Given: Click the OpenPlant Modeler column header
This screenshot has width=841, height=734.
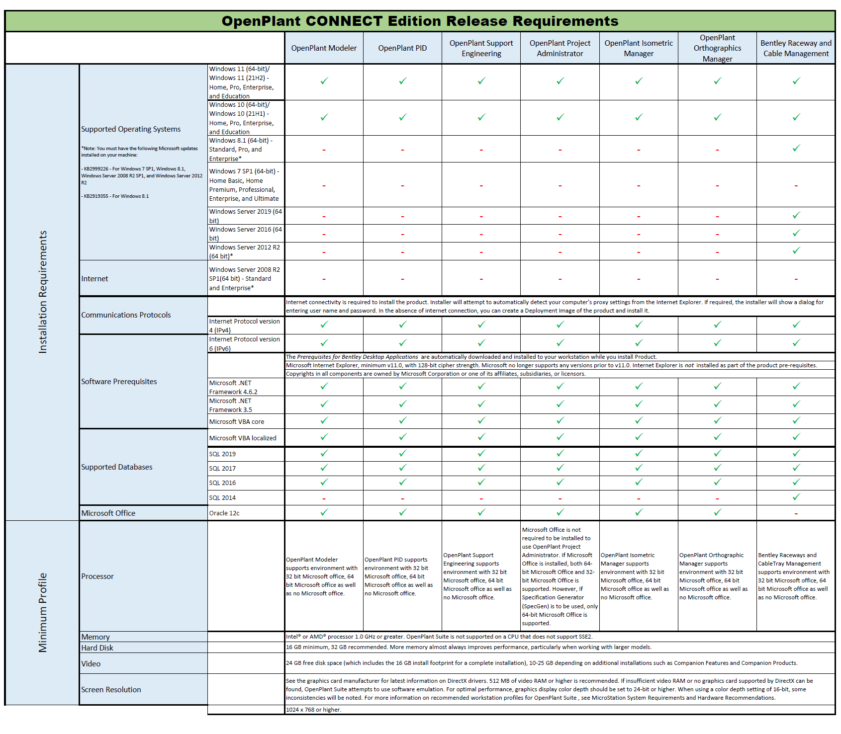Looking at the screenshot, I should [x=324, y=48].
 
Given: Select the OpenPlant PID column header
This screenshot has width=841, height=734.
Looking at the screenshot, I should [x=402, y=48].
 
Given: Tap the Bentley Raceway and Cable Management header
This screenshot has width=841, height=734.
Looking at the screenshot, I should [x=796, y=48].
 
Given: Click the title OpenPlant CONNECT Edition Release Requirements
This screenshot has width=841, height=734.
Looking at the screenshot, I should [x=420, y=21].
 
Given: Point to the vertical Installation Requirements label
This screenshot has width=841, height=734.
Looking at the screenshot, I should [x=43, y=292].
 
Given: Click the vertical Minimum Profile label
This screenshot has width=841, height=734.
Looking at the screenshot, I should [x=43, y=612].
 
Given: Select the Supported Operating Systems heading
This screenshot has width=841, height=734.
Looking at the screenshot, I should [x=131, y=129].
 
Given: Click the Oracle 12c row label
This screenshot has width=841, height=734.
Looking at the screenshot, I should [x=224, y=513].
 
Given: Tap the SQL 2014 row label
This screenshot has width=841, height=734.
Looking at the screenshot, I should [x=222, y=498].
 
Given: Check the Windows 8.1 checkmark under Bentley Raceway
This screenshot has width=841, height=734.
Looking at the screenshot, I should [x=796, y=148].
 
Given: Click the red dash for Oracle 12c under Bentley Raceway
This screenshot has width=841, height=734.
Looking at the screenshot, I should [x=796, y=513].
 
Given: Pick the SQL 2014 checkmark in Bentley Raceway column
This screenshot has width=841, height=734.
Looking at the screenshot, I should [x=796, y=497].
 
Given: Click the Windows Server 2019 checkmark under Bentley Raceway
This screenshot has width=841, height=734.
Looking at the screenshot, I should [x=796, y=215].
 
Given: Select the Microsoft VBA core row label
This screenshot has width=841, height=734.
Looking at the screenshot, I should [x=237, y=422].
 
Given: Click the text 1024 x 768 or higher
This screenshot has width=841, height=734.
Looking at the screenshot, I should [x=313, y=710].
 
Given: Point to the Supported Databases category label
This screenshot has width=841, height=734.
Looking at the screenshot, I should [x=117, y=467].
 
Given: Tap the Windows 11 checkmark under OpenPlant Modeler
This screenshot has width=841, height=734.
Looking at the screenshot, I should [x=324, y=81].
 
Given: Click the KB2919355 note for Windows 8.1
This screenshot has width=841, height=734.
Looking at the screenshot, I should [x=115, y=196].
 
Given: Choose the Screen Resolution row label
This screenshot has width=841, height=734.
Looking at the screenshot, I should [x=111, y=690].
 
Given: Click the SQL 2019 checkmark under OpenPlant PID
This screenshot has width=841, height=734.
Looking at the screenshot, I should [x=403, y=453].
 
